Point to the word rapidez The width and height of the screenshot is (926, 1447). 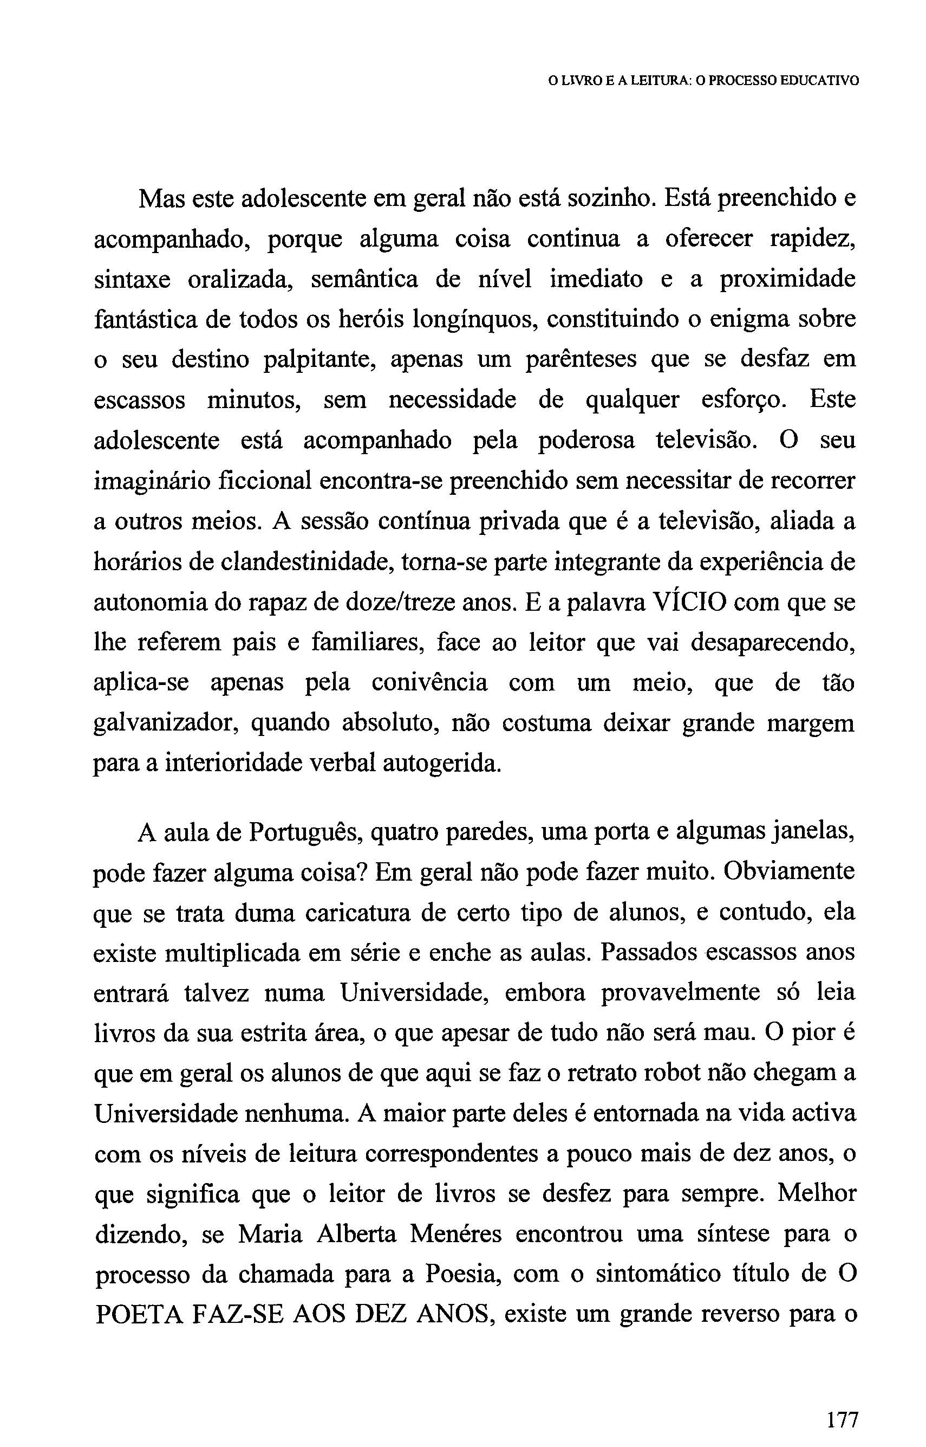tap(812, 240)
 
